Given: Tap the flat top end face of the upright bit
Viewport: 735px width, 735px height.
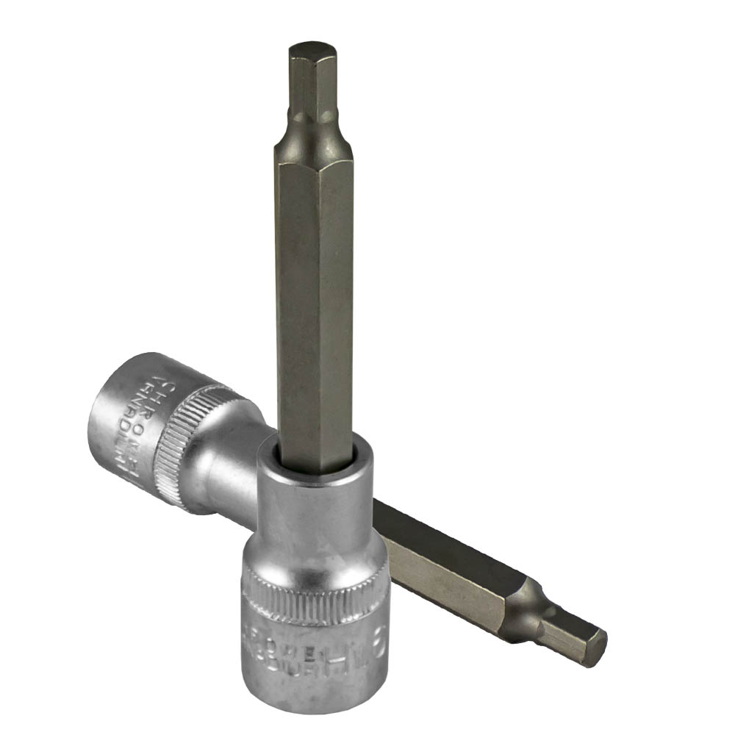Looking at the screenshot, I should coord(312,50).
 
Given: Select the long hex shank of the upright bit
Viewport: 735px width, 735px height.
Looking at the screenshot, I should coord(314,294).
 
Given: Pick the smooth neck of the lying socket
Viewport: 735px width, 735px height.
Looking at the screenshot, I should coord(235,470).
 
